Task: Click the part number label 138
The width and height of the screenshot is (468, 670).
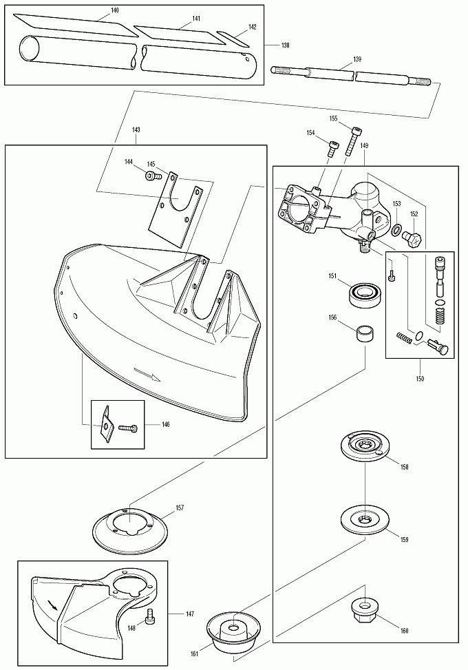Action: [x=285, y=45]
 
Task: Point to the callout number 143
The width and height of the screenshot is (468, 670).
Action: [x=136, y=130]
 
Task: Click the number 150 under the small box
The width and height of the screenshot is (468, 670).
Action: [x=420, y=379]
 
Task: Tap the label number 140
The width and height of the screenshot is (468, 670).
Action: [x=114, y=10]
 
